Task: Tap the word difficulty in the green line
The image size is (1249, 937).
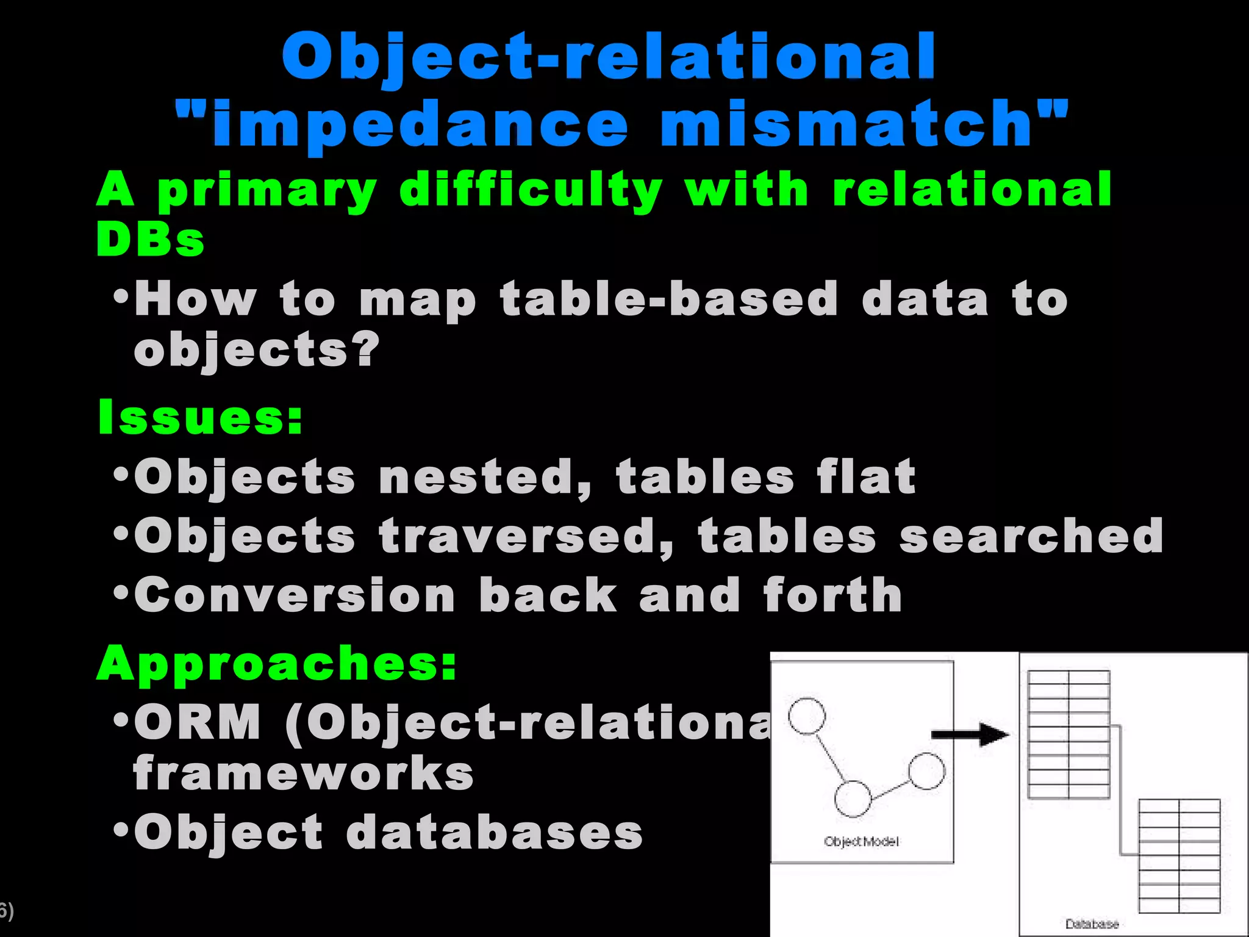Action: [531, 190]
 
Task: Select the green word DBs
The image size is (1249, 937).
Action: [150, 239]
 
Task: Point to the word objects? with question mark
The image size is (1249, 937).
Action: [257, 350]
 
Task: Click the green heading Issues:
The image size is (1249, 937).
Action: [201, 417]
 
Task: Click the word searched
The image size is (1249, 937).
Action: [1031, 536]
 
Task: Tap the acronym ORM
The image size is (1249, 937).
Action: [198, 722]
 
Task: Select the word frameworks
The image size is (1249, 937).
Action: [303, 774]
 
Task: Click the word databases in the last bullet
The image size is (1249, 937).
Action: [495, 833]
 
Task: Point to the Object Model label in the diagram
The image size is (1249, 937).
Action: [861, 842]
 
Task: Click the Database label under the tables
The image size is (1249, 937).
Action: [1092, 924]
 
